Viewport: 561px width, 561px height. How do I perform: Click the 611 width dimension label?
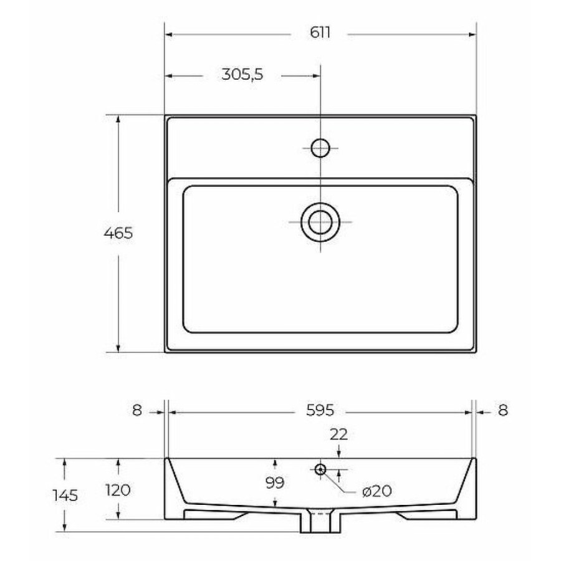coord(320,32)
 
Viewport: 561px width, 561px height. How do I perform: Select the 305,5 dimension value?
coord(242,74)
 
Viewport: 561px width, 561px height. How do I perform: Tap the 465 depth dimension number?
coord(118,233)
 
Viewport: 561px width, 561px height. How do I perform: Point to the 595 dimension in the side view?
coord(320,410)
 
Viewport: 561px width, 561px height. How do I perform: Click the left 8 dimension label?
coord(137,410)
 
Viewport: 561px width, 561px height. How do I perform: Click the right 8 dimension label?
coord(502,410)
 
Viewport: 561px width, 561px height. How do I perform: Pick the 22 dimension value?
coord(338,434)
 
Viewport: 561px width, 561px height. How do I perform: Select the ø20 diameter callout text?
coord(377,491)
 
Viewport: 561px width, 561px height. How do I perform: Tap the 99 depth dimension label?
coord(275,483)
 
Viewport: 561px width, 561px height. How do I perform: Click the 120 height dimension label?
coord(118,490)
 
